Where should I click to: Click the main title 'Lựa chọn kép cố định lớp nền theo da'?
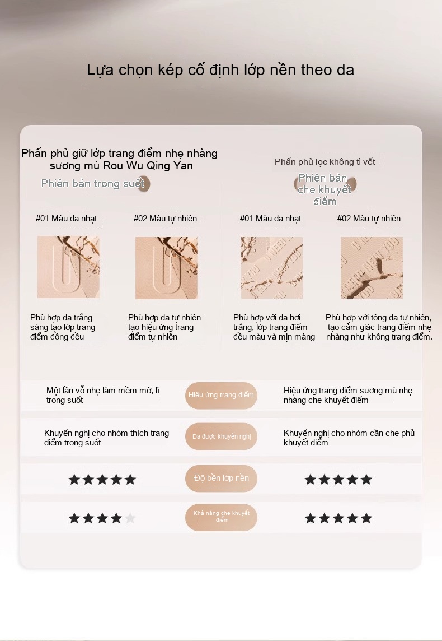click(220, 70)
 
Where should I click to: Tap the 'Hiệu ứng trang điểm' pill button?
click(221, 396)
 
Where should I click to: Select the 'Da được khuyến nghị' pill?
click(221, 436)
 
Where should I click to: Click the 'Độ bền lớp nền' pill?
click(221, 479)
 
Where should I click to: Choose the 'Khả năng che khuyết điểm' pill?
click(221, 517)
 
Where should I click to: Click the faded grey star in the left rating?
click(130, 518)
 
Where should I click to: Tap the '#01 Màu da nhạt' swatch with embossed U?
click(68, 267)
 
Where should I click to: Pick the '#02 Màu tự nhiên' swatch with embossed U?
click(166, 268)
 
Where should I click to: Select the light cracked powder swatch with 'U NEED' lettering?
click(271, 268)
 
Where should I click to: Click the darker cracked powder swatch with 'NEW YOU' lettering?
click(372, 268)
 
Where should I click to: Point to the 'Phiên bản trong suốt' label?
click(93, 184)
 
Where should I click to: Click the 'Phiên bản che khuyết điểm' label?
click(325, 190)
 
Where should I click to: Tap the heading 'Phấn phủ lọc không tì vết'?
click(325, 162)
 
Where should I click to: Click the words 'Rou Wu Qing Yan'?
click(148, 165)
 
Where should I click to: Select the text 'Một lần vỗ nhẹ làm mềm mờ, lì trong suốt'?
click(102, 396)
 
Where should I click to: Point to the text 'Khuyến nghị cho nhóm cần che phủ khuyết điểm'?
click(349, 438)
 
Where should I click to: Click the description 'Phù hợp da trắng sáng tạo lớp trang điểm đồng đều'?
click(63, 327)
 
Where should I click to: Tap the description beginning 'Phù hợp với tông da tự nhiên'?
click(379, 327)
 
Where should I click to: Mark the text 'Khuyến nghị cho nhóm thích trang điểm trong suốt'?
click(106, 438)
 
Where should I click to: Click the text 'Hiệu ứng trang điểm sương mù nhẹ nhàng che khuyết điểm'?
click(347, 396)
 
